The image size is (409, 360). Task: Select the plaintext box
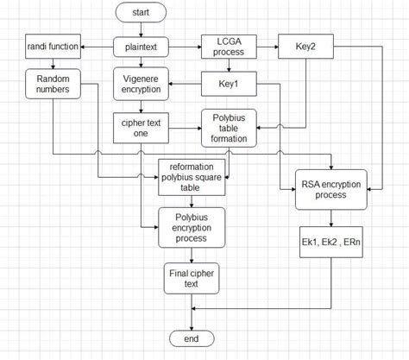click(x=140, y=46)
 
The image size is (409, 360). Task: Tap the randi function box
click(x=53, y=46)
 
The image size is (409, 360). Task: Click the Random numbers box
click(x=53, y=85)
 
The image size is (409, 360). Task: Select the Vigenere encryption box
click(x=140, y=85)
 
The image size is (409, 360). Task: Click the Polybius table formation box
click(x=228, y=127)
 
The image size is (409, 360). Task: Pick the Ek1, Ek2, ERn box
click(x=330, y=245)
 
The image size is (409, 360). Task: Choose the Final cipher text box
click(x=192, y=279)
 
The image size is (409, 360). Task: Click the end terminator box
click(x=192, y=337)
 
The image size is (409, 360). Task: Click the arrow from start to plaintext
click(x=140, y=30)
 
